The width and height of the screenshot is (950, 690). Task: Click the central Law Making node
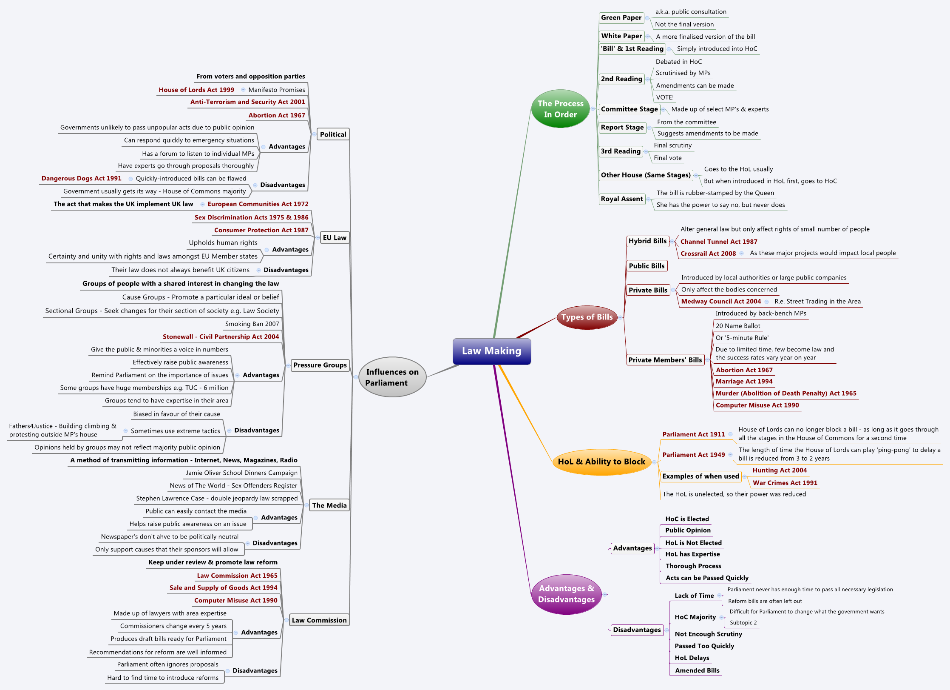(492, 351)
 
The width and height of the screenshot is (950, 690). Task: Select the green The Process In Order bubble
(560, 109)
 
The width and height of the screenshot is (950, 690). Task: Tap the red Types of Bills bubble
(587, 317)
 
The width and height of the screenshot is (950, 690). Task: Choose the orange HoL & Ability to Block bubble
(601, 462)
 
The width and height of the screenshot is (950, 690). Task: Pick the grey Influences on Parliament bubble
(392, 377)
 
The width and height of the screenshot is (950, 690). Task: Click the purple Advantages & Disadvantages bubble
(566, 594)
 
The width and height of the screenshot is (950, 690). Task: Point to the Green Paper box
(621, 18)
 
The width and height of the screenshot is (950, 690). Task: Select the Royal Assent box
(621, 199)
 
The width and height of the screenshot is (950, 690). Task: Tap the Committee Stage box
(629, 109)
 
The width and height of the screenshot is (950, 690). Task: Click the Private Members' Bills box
(665, 360)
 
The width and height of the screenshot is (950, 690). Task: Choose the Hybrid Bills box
(647, 241)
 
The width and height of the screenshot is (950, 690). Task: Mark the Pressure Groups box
(320, 365)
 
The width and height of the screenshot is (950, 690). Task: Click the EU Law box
(335, 238)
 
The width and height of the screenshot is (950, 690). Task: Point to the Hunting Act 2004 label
(780, 470)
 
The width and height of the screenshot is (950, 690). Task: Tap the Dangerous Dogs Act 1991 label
(82, 179)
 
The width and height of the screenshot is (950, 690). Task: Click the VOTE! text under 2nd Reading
(665, 97)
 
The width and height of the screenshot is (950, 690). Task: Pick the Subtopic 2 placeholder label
(743, 623)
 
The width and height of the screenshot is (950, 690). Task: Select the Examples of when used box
(700, 476)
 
